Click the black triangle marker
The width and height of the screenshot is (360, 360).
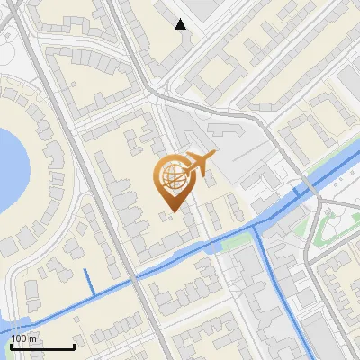tap(181, 24)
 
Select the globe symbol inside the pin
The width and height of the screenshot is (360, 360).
tap(172, 175)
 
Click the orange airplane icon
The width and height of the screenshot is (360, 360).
tap(199, 165)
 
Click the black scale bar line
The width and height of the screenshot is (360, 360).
tap(42, 346)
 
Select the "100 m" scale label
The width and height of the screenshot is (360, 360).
tap(24, 338)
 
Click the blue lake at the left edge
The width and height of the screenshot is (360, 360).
tap(7, 166)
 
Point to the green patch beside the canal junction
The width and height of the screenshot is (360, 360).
tap(236, 241)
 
